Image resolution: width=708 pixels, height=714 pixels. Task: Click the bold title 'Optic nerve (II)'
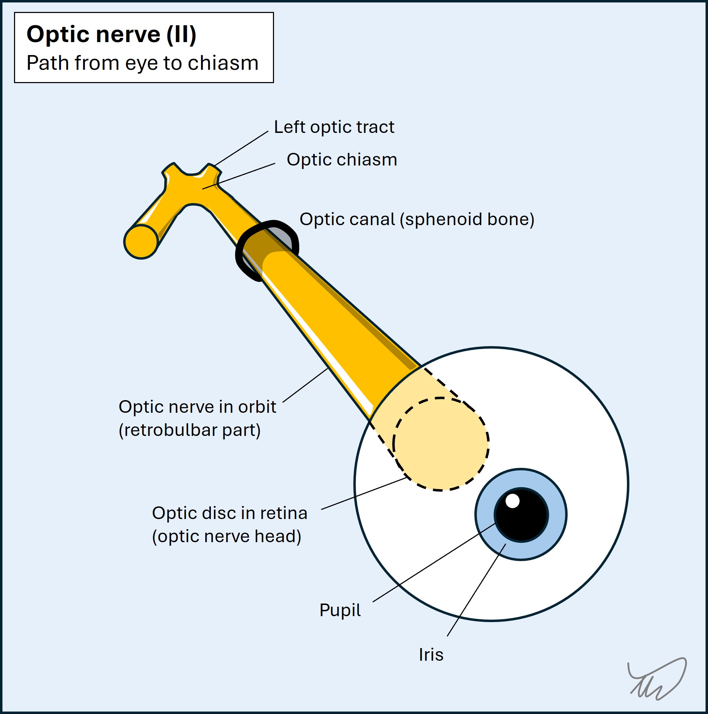pyautogui.click(x=111, y=35)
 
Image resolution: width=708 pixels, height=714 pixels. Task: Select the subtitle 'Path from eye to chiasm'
pyautogui.click(x=142, y=63)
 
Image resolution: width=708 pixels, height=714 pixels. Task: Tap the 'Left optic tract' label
pyautogui.click(x=334, y=127)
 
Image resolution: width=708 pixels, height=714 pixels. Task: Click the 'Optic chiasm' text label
pyautogui.click(x=342, y=160)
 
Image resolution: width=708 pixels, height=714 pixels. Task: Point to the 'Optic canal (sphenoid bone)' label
pyautogui.click(x=417, y=220)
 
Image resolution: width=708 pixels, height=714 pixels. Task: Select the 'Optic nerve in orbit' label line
pyautogui.click(x=197, y=407)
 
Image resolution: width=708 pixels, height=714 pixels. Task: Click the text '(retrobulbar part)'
pyautogui.click(x=190, y=430)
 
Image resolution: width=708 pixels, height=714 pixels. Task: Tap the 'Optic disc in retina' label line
pyautogui.click(x=229, y=513)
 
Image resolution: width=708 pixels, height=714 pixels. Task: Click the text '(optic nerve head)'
pyautogui.click(x=227, y=537)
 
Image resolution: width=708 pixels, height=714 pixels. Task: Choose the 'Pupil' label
pyautogui.click(x=340, y=610)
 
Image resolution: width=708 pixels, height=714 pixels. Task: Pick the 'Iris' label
pyautogui.click(x=431, y=655)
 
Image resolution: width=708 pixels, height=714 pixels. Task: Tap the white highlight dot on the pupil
pyautogui.click(x=513, y=501)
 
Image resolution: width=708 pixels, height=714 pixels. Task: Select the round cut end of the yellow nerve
pyautogui.click(x=141, y=242)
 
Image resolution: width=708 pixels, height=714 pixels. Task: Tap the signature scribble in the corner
pyautogui.click(x=657, y=680)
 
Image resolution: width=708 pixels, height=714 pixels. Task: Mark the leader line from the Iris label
pyautogui.click(x=476, y=590)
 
